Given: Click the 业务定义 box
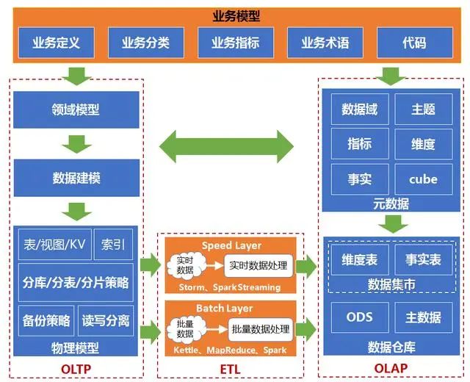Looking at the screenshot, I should point(56,43).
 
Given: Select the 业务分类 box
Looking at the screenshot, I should point(145,43).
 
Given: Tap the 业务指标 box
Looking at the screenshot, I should point(235,43).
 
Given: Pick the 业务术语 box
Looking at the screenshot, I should point(325,43).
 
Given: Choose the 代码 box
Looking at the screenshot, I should point(413,43).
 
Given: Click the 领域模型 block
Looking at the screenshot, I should point(76,110).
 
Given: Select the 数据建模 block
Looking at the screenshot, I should point(76,178).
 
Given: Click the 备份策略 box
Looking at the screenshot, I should point(46,320).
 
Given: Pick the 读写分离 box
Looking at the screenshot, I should point(106,320).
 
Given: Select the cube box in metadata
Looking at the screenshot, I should point(423,178).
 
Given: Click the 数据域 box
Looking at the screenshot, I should point(359,109).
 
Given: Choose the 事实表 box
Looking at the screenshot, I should point(423,259).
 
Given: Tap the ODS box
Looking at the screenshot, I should point(359,317).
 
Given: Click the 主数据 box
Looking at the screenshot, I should point(423,317).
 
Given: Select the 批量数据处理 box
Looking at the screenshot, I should point(261,328).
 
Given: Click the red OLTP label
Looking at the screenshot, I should point(76,367).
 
